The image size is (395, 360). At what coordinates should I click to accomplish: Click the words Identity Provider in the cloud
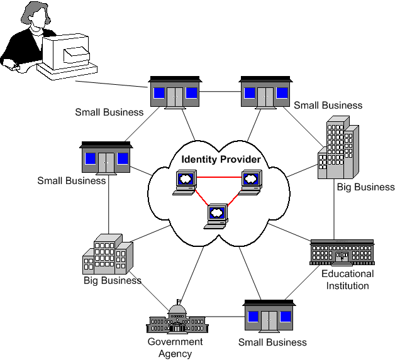(x=221, y=160)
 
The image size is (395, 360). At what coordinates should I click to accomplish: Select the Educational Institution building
(x=342, y=253)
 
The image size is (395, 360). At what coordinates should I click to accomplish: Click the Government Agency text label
(x=175, y=347)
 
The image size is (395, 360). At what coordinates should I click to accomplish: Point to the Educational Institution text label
(x=348, y=280)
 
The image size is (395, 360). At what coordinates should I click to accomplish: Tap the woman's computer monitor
(x=66, y=52)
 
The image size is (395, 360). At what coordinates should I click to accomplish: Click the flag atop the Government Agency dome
(x=179, y=302)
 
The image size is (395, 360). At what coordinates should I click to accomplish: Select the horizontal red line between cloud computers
(x=219, y=177)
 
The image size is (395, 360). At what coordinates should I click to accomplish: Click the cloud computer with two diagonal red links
(x=216, y=216)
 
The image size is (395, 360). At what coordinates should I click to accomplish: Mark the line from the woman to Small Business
(x=111, y=84)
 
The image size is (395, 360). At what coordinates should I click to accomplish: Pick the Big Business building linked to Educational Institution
(x=338, y=148)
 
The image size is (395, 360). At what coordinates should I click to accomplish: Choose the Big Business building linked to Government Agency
(x=108, y=254)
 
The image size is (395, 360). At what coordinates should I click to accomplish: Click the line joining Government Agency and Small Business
(x=225, y=317)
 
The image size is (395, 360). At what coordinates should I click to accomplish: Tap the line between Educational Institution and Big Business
(x=334, y=209)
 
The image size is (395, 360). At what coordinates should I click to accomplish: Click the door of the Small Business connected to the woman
(x=175, y=97)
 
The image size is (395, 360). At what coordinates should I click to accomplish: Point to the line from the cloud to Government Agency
(x=192, y=273)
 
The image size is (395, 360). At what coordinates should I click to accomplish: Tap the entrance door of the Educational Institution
(x=342, y=258)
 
